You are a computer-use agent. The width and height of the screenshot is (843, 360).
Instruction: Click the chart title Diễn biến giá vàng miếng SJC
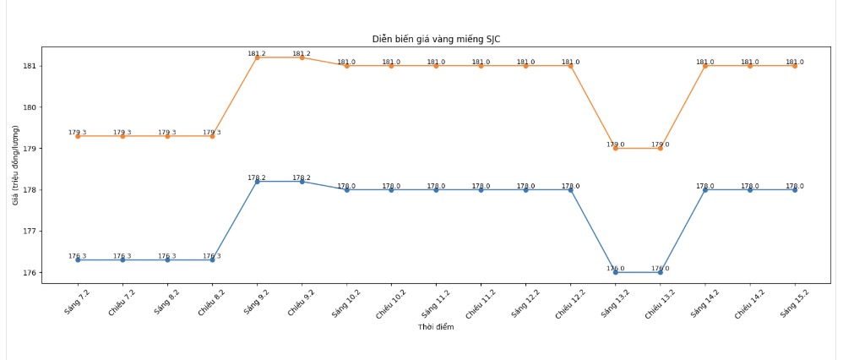point(441,39)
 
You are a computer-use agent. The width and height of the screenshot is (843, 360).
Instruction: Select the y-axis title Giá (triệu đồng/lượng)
point(14,165)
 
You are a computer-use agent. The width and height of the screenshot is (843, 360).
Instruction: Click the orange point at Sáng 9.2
point(257,57)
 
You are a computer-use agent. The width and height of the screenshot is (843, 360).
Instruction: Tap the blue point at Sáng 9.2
point(257,182)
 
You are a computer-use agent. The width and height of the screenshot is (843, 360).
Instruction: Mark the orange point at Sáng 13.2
point(616,149)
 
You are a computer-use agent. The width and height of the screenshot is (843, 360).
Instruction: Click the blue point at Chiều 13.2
point(661,272)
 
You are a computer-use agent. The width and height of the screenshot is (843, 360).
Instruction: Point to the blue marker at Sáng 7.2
point(78,260)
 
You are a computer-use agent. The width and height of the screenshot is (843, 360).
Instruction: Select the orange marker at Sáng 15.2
point(795,66)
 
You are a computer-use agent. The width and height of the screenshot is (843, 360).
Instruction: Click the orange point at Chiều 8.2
point(212,136)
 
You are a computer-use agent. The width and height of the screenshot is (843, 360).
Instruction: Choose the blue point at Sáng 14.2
point(705,190)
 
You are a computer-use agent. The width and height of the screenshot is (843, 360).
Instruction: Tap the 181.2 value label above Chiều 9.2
point(302,53)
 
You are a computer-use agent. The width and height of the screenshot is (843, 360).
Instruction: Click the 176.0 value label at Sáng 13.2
point(616,269)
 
